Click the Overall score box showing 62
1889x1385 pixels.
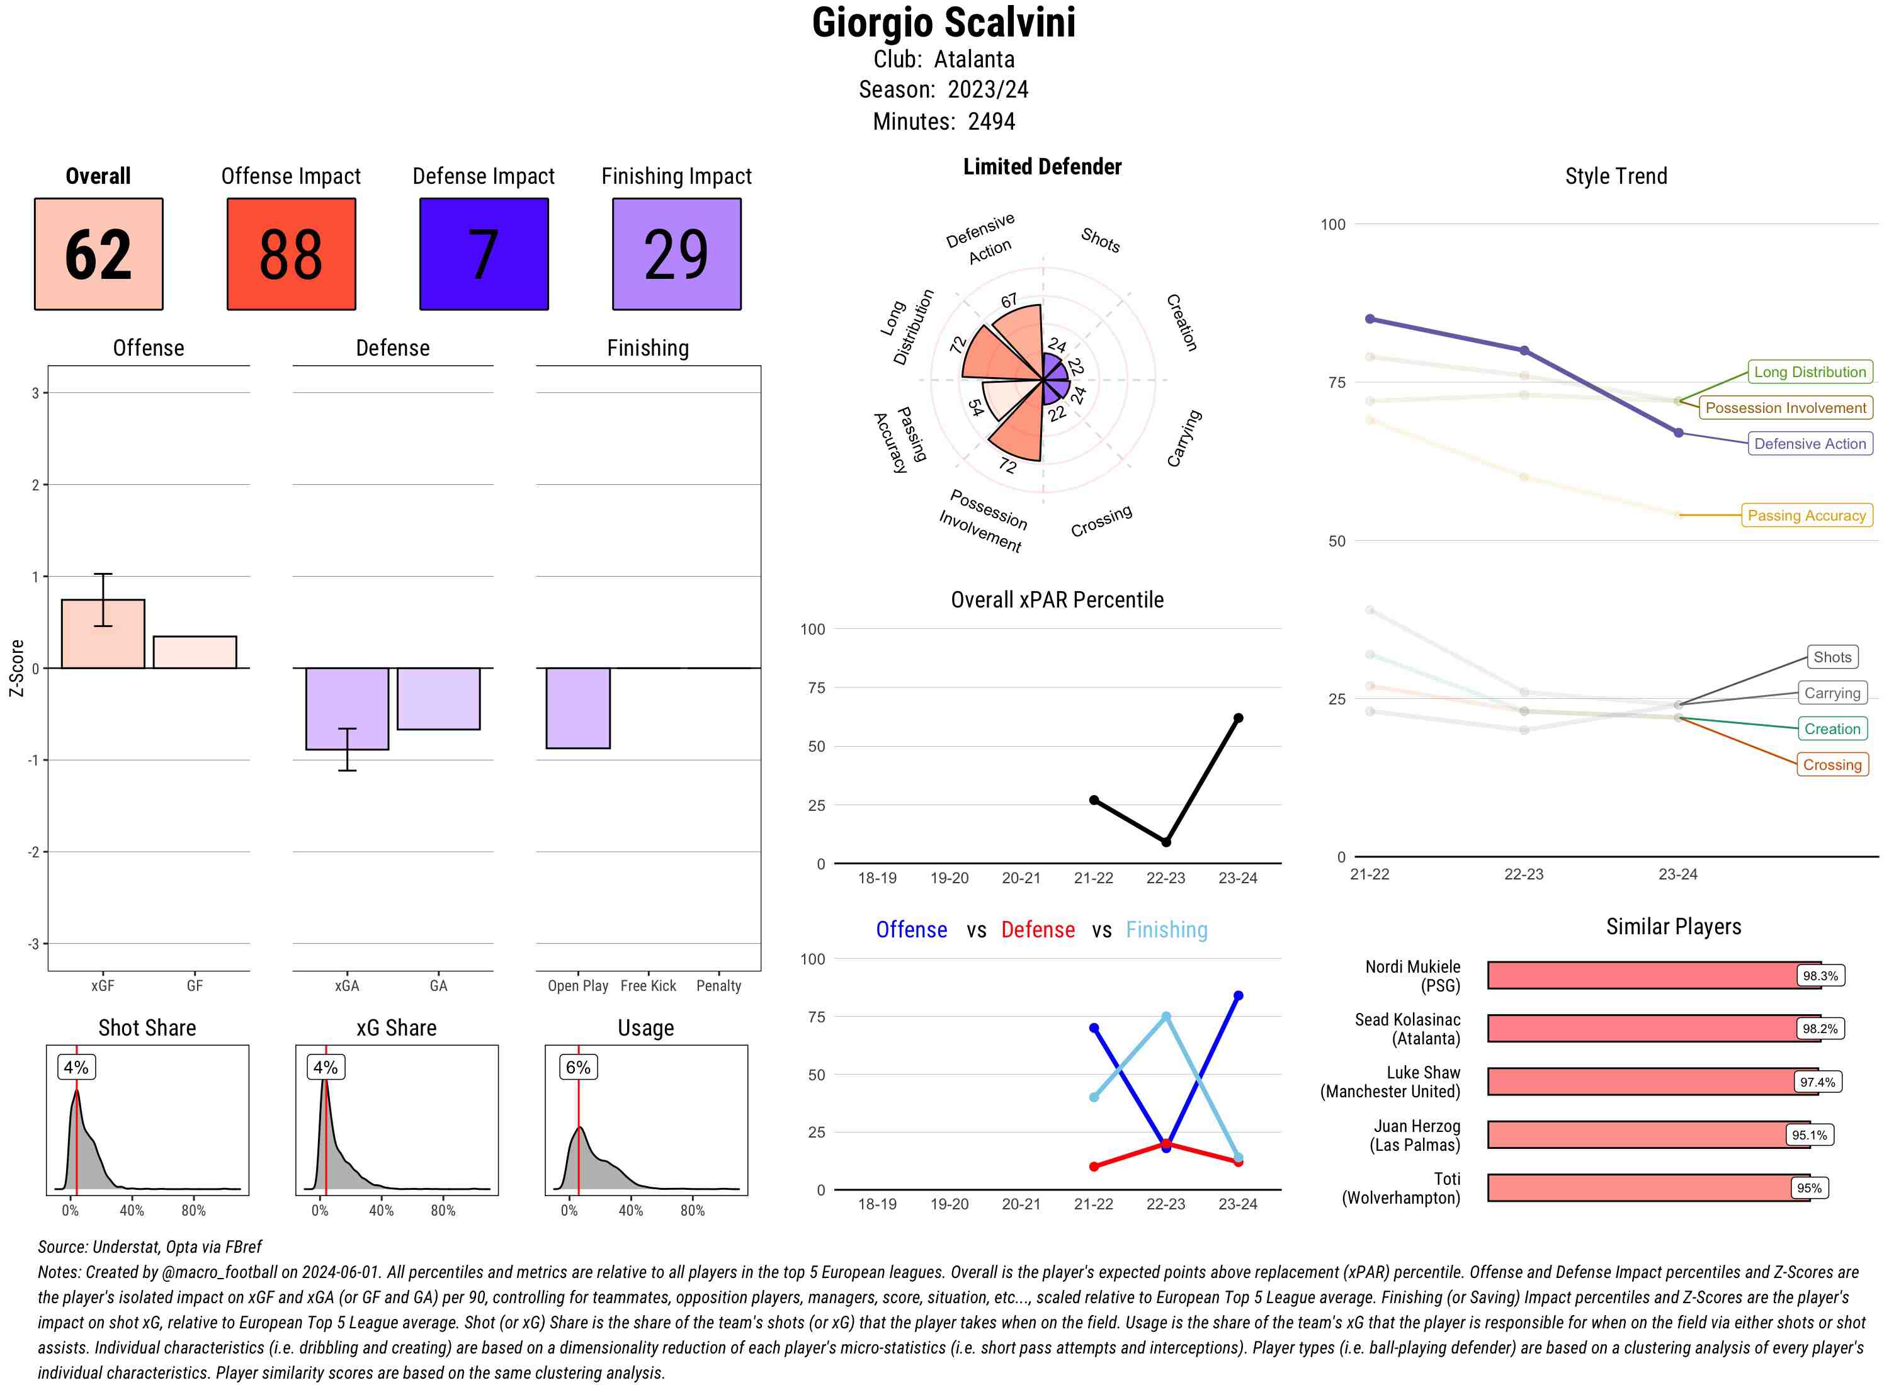[98, 254]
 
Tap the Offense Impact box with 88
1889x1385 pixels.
[291, 254]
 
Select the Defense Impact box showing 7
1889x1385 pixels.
[484, 254]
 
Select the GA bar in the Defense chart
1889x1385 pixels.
[438, 698]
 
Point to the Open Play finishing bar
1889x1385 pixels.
[577, 708]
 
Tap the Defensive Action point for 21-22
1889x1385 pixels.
[1370, 319]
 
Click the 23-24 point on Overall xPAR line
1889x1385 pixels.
[1237, 718]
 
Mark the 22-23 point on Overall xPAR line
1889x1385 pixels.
[1166, 842]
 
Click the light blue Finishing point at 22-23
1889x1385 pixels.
[1166, 1017]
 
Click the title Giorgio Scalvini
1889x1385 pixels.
[943, 23]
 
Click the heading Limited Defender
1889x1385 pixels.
[1041, 167]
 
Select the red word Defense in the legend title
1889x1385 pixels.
[1037, 930]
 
